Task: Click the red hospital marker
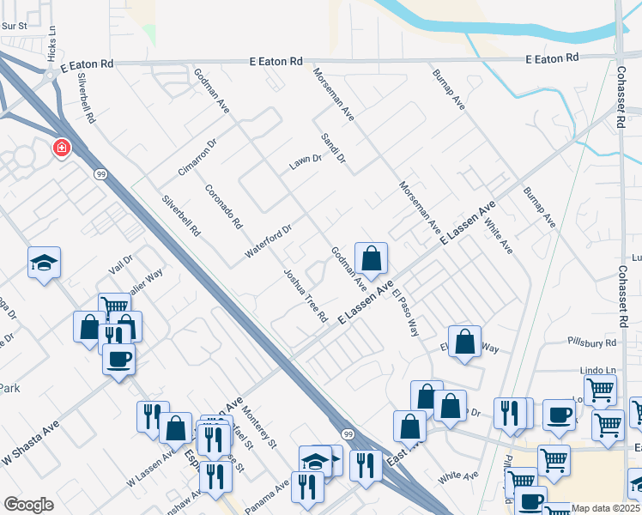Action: tap(62, 148)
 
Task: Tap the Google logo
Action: tap(28, 505)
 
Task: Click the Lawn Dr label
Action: tap(305, 161)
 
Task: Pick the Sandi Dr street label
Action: tap(332, 148)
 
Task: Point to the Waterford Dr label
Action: tap(270, 242)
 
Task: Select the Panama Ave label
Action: tap(270, 493)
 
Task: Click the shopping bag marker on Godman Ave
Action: tap(371, 258)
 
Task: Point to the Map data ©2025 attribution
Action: tap(606, 508)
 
